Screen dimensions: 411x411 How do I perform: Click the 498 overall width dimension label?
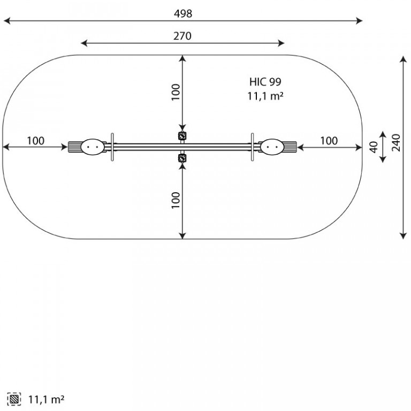point(183,13)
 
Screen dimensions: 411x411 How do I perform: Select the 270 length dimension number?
point(182,36)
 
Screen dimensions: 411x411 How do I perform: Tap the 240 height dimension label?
point(396,142)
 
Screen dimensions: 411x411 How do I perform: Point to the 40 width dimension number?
point(374,147)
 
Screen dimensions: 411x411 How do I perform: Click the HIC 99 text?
point(265,82)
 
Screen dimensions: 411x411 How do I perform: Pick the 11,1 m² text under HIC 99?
point(265,96)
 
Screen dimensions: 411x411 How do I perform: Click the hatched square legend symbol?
point(14,399)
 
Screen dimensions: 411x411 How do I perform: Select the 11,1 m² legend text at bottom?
point(46,399)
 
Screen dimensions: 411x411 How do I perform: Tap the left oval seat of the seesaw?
point(92,147)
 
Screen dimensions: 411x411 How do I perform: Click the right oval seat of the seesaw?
point(272,147)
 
